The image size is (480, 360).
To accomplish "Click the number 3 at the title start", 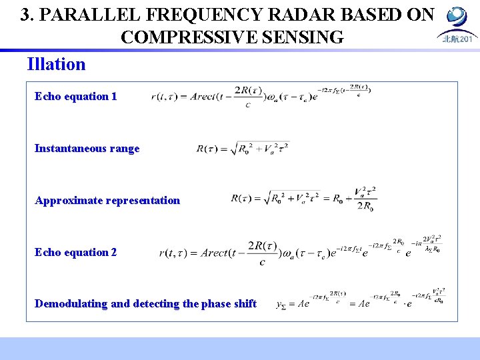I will (26, 15).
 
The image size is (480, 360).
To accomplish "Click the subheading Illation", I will (56, 65).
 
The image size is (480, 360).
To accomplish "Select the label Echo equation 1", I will (75, 97).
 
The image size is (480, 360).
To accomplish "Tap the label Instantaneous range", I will (87, 149).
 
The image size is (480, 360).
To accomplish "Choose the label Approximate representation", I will (107, 201).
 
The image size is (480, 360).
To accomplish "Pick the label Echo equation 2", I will (75, 253).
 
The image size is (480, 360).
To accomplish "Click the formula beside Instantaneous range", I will (243, 149).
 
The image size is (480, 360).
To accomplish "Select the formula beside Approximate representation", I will (303, 198).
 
